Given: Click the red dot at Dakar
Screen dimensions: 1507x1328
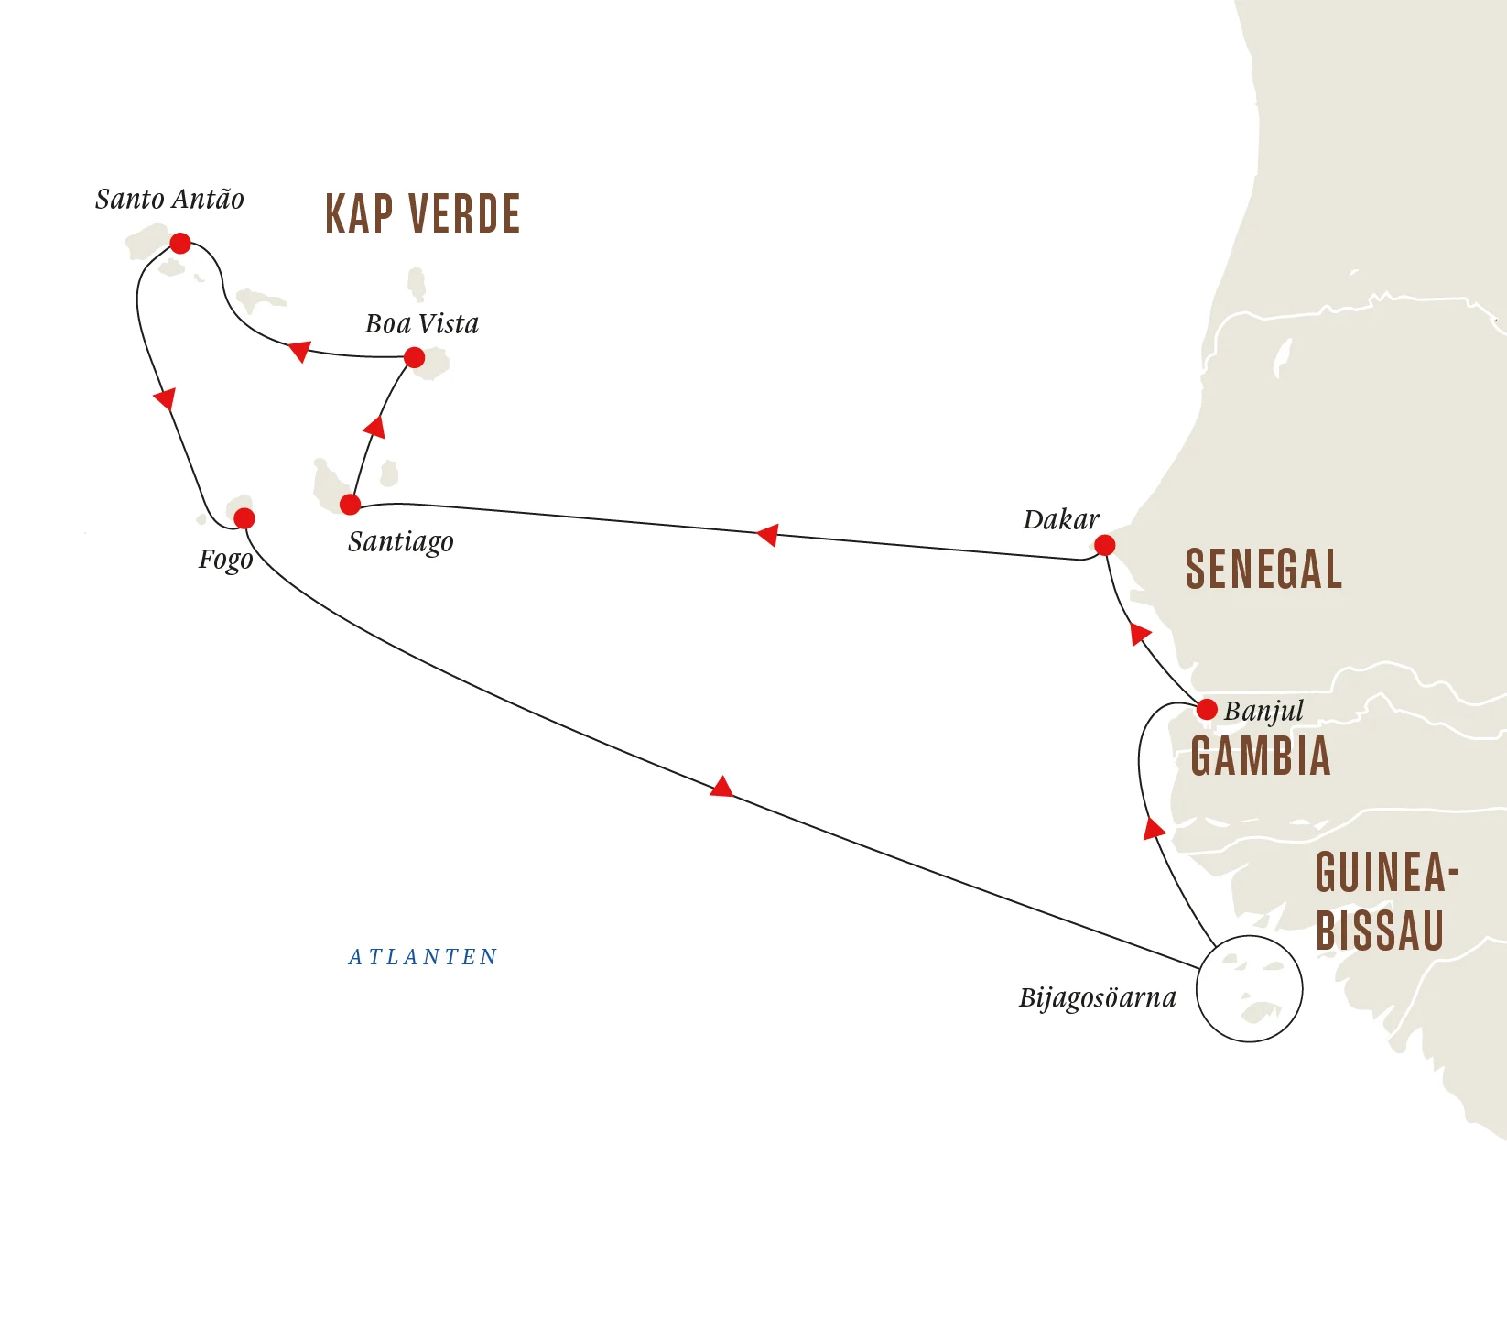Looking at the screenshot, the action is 1105,546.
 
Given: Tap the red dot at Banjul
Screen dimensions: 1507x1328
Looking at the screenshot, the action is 1207,709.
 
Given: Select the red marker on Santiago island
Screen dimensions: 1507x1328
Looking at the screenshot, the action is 350,505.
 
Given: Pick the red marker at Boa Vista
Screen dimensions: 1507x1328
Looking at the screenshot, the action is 414,357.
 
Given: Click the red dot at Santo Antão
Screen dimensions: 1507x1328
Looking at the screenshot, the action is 180,244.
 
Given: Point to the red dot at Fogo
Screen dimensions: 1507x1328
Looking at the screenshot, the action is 244,519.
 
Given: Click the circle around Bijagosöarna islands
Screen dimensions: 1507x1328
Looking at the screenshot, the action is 1250,988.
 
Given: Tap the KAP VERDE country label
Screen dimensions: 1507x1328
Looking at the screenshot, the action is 423,214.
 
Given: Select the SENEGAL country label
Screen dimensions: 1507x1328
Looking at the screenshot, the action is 1263,569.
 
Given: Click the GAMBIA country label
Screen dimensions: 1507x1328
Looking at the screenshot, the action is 1260,757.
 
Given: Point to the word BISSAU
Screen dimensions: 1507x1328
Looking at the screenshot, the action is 1380,931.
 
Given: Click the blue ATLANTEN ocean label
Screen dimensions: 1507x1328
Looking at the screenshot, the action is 423,957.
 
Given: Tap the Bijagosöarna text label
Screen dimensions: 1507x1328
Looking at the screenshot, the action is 1097,997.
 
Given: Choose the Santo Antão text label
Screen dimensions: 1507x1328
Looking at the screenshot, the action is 169,200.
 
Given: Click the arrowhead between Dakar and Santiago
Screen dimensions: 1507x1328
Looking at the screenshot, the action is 768,535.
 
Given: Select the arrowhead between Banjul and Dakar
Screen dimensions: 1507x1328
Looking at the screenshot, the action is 1139,634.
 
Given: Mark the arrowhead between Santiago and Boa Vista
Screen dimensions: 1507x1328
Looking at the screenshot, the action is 374,427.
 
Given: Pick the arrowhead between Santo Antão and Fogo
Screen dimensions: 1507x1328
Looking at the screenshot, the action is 165,399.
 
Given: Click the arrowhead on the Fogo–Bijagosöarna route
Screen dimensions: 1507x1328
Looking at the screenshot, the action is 722,788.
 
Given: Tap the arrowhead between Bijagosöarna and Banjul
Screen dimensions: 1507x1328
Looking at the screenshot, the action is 1154,829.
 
